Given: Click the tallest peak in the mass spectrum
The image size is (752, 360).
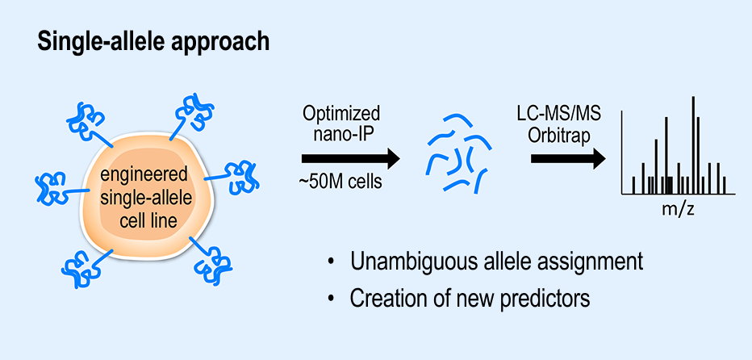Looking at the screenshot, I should click(x=693, y=145).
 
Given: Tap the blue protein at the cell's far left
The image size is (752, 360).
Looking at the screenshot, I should click(x=50, y=187).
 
